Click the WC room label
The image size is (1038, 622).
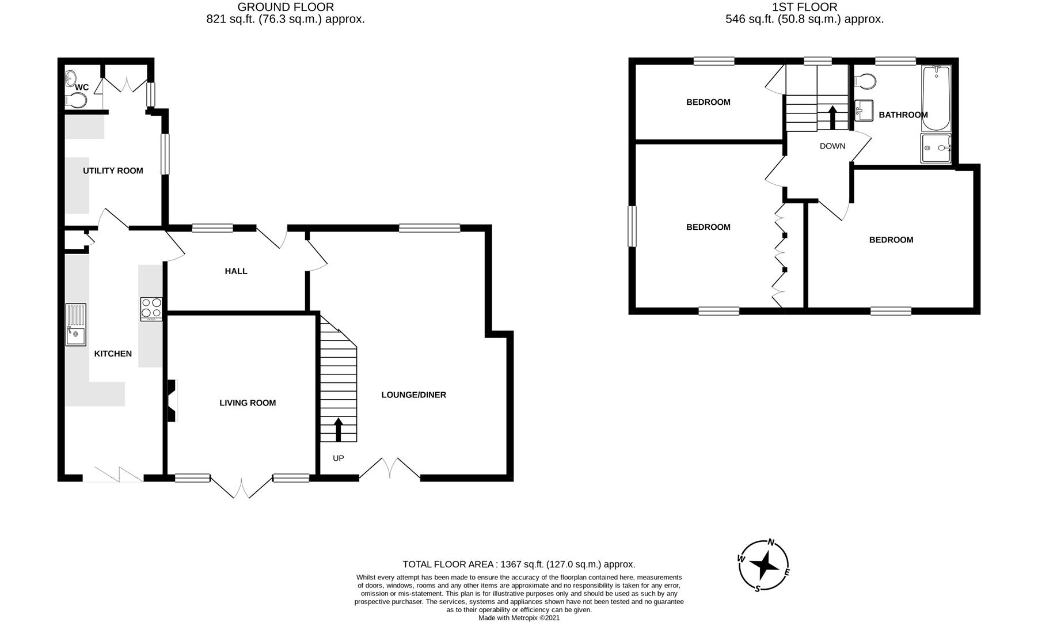click(82, 88)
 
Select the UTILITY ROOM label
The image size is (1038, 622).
click(113, 170)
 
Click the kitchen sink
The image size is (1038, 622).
click(75, 325)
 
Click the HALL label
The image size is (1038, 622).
click(236, 271)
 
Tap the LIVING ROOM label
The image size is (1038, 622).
click(248, 403)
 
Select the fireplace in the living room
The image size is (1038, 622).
click(172, 401)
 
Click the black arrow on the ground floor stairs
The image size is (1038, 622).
click(338, 430)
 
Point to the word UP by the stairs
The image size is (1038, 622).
click(339, 458)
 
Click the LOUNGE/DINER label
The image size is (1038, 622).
click(414, 395)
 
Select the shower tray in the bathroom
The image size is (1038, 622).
click(936, 149)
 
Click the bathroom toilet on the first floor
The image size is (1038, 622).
click(865, 82)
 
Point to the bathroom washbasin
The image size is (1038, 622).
click(864, 110)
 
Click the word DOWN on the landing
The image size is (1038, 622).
click(832, 146)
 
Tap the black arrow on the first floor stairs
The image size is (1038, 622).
click(832, 117)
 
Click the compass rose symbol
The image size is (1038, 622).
click(764, 566)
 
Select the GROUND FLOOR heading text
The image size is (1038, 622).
click(286, 7)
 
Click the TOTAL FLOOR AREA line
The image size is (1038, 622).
click(519, 564)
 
